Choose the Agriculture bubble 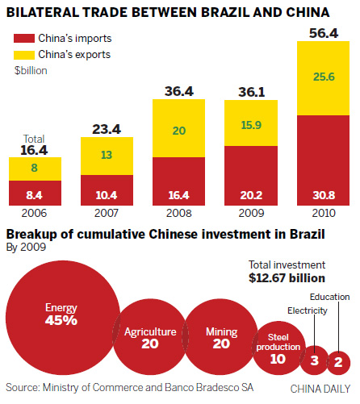[x=149, y=336]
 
